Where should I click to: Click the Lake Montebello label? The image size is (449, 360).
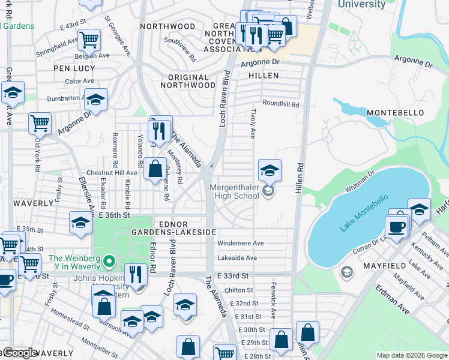[x=364, y=214]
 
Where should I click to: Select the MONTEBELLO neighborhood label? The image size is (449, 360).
[x=395, y=113]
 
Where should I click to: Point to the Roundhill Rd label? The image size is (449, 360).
[x=280, y=104]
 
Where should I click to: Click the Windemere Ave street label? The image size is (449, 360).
[x=240, y=244]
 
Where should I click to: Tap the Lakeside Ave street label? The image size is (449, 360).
[x=237, y=258]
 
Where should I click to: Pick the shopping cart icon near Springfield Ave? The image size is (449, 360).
[x=89, y=41]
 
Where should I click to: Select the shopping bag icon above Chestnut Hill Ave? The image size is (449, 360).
[x=155, y=169]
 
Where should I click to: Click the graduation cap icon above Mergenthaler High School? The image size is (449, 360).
[x=270, y=170]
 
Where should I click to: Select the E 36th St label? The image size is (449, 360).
[x=115, y=215]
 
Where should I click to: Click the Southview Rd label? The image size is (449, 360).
[x=181, y=50]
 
